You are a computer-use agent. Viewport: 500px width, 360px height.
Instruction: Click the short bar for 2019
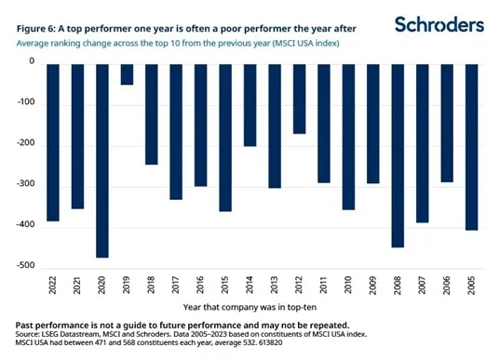127,73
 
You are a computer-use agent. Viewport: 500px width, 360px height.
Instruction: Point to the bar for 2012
298,98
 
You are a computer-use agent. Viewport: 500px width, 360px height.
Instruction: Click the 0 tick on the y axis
31,61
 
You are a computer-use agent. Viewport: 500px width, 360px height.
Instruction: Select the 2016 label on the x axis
200,288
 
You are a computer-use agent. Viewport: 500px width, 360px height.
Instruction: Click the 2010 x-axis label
347,288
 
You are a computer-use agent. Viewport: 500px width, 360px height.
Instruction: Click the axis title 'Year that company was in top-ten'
262,306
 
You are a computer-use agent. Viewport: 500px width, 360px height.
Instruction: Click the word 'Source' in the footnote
30,335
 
